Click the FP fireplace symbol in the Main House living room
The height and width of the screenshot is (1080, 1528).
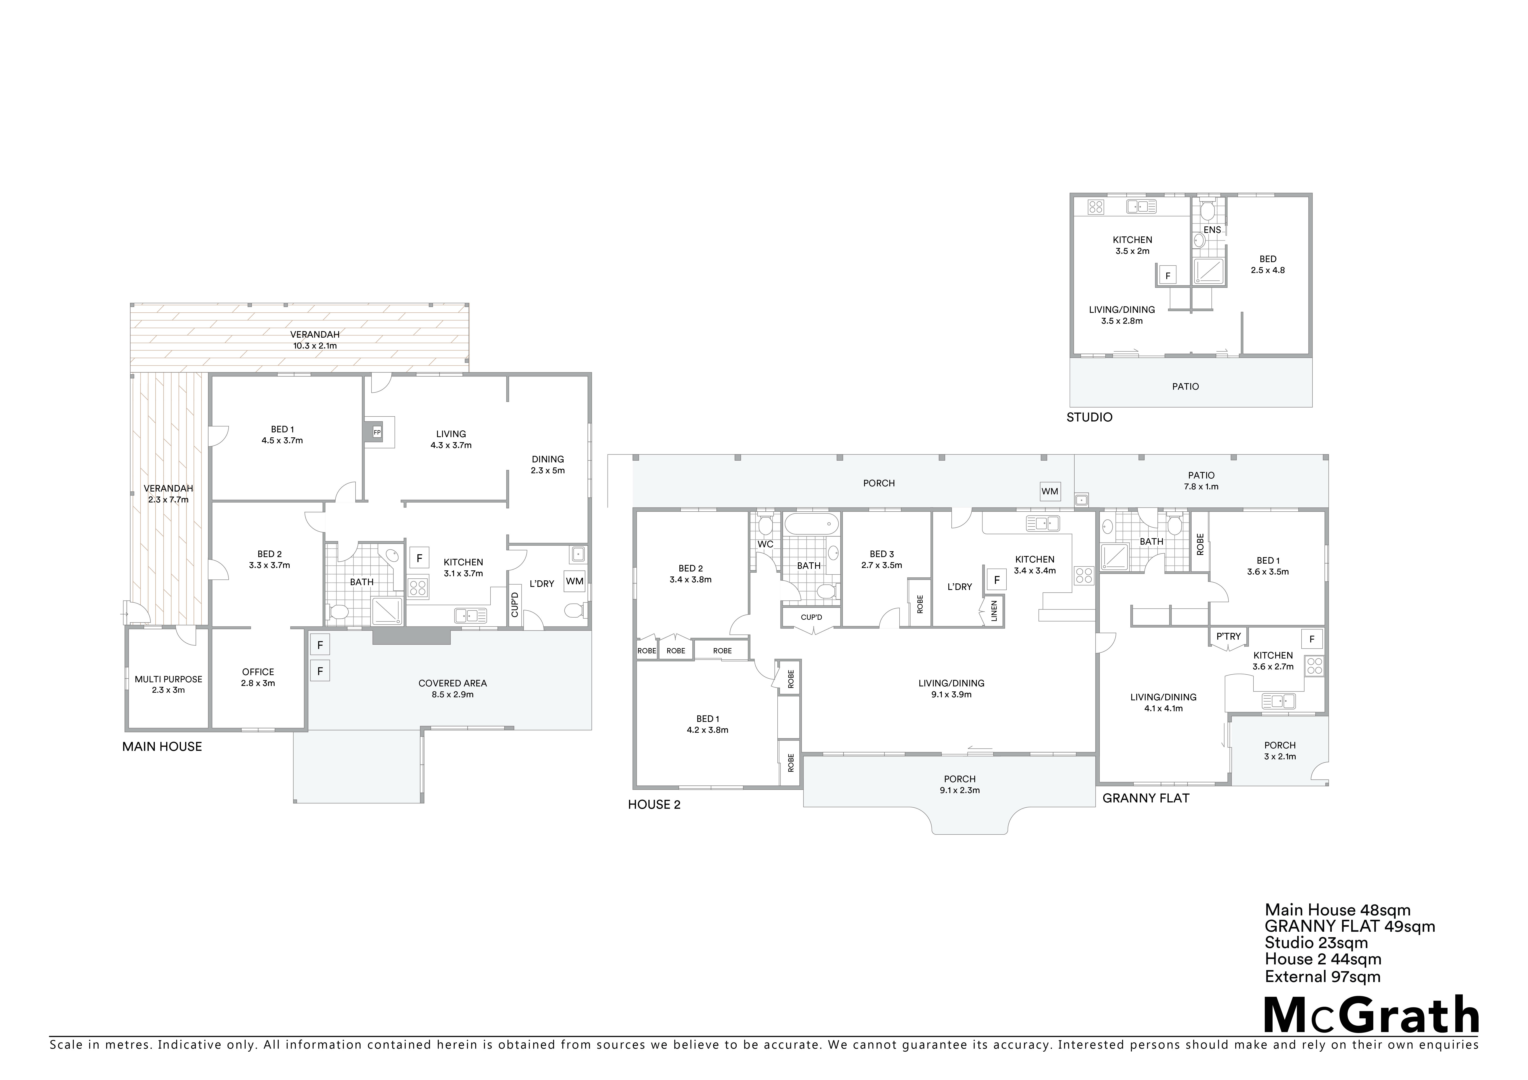point(377,433)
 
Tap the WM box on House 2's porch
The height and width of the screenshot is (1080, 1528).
point(1050,491)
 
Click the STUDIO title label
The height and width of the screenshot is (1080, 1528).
point(1089,417)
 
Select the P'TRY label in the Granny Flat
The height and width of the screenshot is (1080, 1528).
point(1229,636)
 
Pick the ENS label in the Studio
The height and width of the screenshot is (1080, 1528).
point(1212,230)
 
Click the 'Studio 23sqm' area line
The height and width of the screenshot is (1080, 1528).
point(1316,943)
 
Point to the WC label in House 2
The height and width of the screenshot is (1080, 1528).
point(765,544)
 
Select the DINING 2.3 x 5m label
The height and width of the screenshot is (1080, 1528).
point(548,465)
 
